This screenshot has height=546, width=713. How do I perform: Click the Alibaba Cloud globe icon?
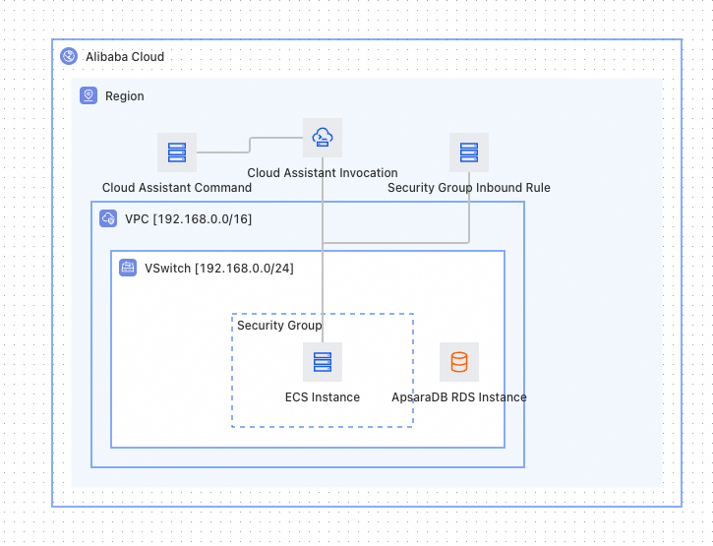coord(69,56)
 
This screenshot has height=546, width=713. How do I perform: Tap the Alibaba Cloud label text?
coord(125,57)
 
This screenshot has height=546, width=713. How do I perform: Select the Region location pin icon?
coord(89,95)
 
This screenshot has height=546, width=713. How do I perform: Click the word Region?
coord(125,96)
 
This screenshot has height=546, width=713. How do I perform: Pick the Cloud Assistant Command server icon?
coord(177,152)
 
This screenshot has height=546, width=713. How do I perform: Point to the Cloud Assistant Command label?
coord(177,188)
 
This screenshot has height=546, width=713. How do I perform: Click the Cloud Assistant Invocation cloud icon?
coord(323,138)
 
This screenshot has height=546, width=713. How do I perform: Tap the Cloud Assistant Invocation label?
coord(323,173)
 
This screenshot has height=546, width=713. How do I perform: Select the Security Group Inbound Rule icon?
coord(469,152)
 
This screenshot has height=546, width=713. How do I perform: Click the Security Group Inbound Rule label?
coord(469,188)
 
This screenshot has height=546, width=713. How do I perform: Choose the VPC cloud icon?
coord(108,218)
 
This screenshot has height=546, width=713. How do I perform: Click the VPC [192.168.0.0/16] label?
coord(188,219)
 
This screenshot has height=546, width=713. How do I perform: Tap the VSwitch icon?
coord(128,268)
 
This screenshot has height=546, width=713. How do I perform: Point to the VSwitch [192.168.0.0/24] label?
coord(219,269)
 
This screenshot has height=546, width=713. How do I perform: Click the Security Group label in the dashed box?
coord(279,326)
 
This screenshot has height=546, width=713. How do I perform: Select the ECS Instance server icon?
coord(323,362)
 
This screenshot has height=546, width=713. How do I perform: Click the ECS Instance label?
coord(323,397)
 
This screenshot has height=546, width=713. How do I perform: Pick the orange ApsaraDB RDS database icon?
coord(459,362)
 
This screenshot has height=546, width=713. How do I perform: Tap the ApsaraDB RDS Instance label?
coord(459,397)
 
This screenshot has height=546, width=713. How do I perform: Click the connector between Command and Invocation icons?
coord(250,145)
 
